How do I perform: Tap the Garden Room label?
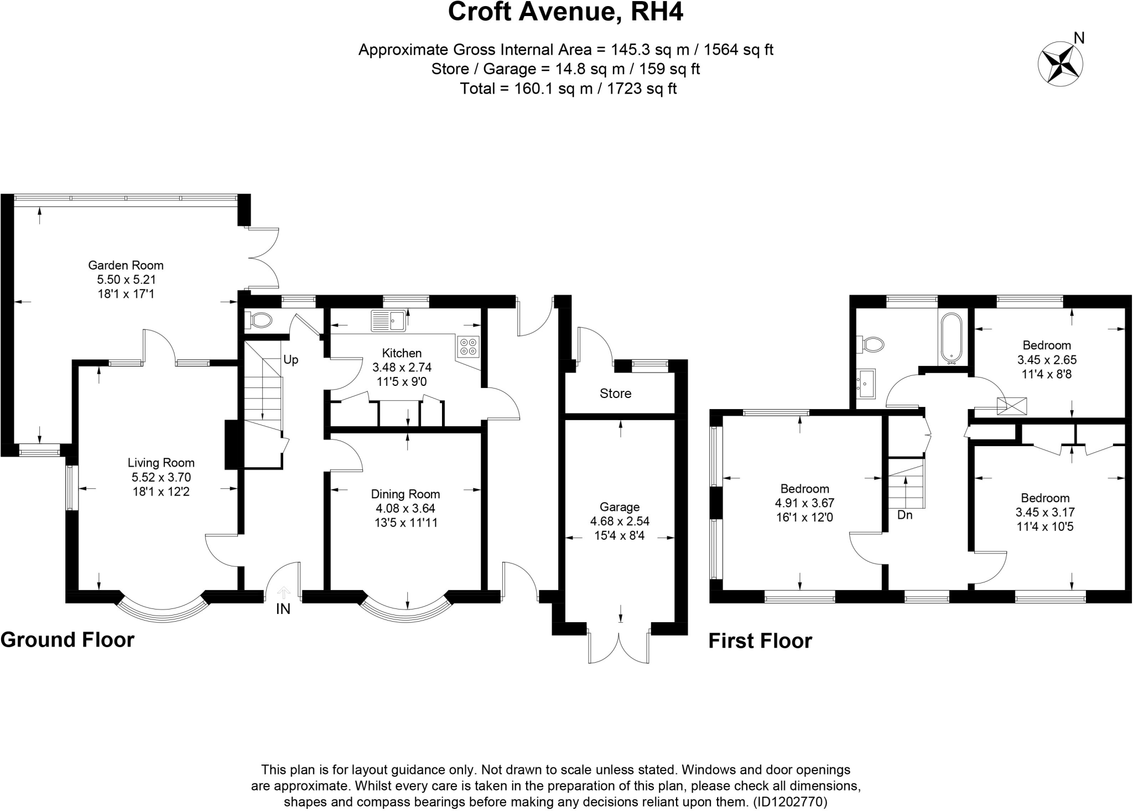pyautogui.click(x=126, y=266)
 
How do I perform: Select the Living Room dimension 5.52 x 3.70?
pyautogui.click(x=161, y=477)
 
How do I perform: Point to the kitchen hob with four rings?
pyautogui.click(x=468, y=346)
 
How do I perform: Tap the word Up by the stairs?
pyautogui.click(x=291, y=360)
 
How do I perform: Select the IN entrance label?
pyautogui.click(x=283, y=609)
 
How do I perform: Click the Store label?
pyautogui.click(x=615, y=394)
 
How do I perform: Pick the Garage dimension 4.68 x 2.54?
pyautogui.click(x=620, y=521)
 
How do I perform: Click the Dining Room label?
pyautogui.click(x=406, y=494)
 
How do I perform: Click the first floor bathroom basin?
pyautogui.click(x=866, y=383)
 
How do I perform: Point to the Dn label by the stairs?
pyautogui.click(x=905, y=515)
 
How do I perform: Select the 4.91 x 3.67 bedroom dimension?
pyautogui.click(x=805, y=503)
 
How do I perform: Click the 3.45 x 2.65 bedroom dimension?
pyautogui.click(x=1047, y=360)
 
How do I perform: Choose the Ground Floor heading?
pyautogui.click(x=67, y=640)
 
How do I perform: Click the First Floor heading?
pyautogui.click(x=760, y=641)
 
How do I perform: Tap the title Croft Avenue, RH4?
pyautogui.click(x=565, y=12)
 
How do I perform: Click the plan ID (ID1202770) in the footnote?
pyautogui.click(x=789, y=802)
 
